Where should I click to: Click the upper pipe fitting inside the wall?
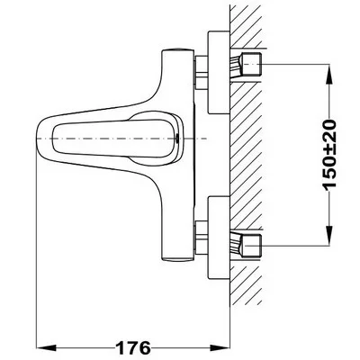(246, 65)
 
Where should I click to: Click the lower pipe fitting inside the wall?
(246, 246)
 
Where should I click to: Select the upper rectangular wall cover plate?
(219, 73)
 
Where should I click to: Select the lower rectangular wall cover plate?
(219, 238)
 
